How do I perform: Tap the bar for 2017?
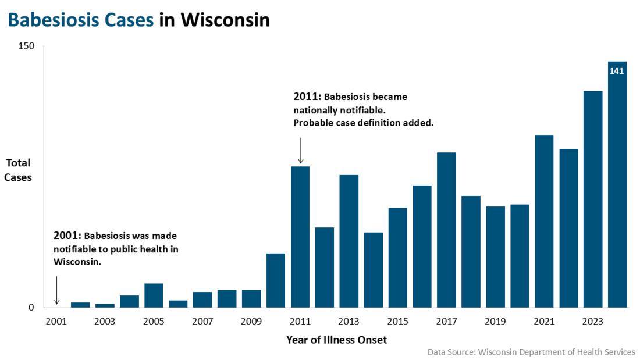point(446,230)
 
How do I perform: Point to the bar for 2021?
point(544,221)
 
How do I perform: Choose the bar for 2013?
point(349,241)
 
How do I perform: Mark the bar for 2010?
point(276,280)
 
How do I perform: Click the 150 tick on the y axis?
point(27,46)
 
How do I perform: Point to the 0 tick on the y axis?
point(32,308)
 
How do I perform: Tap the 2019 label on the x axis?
point(495,321)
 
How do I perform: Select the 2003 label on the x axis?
point(105,321)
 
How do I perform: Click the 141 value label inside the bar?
point(617,71)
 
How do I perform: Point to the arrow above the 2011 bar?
point(300,151)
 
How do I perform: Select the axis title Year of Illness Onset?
point(336,340)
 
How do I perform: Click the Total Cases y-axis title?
point(18,170)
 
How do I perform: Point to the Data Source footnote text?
point(531,352)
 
